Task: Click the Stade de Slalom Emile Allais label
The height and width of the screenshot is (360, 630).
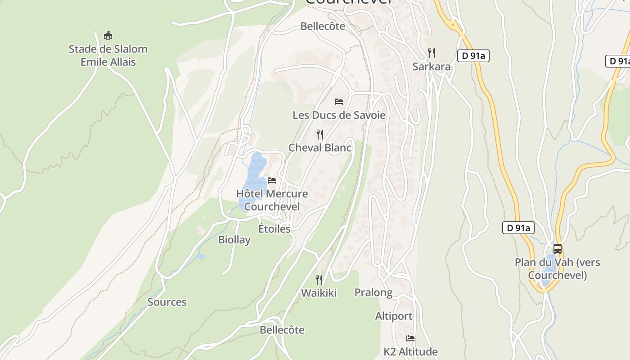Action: pos(108,55)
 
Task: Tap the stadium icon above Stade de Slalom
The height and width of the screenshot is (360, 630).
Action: pos(108,35)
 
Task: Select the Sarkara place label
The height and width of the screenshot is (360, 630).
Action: pos(432,67)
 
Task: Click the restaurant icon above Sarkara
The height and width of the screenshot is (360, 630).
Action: pos(432,53)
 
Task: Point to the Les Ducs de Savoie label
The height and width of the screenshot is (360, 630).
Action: pos(339,115)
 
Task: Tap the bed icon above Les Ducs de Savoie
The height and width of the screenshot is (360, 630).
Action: pos(339,102)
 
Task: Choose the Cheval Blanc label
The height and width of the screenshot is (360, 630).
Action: pos(319,148)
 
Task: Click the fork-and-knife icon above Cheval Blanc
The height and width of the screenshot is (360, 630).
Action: pos(319,134)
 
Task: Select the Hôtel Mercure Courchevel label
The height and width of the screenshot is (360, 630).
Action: pos(272,200)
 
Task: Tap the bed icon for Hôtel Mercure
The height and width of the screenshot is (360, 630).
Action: pos(272,180)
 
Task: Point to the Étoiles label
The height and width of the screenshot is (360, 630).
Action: pos(274,229)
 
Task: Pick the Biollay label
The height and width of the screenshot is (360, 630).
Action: pos(234,240)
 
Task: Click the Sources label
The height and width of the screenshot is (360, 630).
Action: pos(167,302)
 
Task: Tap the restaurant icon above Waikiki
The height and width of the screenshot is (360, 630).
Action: pos(319,280)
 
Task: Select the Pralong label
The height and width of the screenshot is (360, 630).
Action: pos(373,292)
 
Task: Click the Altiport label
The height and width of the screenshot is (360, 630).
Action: pos(394,316)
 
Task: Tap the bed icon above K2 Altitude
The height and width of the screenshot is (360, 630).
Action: pos(410,338)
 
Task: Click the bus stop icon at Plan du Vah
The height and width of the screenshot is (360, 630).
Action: pos(557,248)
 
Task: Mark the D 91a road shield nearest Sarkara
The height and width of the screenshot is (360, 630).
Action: pos(473,56)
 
